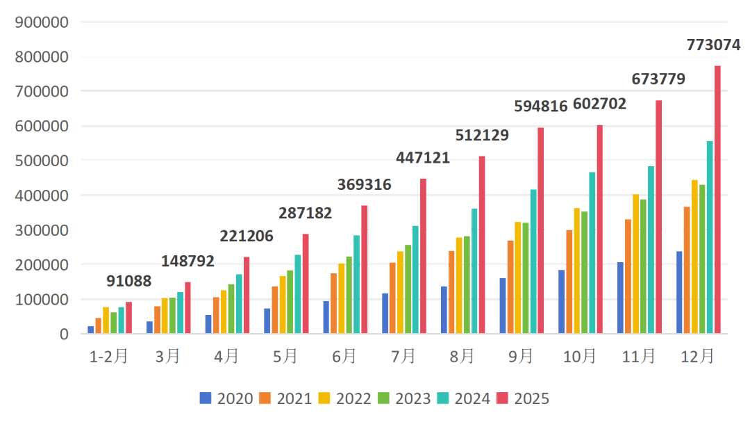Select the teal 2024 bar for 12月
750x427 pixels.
tap(710, 237)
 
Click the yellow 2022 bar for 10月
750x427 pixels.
tap(577, 271)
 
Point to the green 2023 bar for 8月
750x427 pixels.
tap(467, 285)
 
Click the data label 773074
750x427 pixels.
tap(713, 45)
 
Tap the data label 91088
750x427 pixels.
tap(128, 282)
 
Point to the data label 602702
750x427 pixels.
tap(599, 104)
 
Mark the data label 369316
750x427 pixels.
tap(364, 185)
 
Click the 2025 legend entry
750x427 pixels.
tap(524, 398)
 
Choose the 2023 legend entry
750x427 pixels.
tap(405, 398)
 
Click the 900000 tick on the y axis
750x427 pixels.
tap(41, 22)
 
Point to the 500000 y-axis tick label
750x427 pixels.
tap(41, 161)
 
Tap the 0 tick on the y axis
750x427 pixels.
tap(64, 334)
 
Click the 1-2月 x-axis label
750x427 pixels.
tap(109, 357)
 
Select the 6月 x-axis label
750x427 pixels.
tap(344, 357)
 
